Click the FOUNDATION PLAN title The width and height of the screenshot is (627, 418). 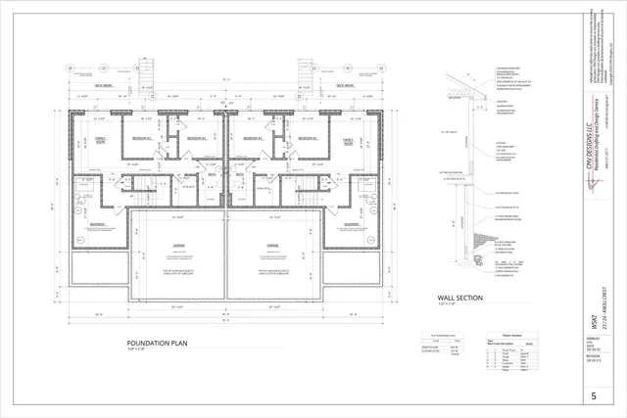click(x=152, y=344)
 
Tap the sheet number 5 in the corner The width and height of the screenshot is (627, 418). click(x=593, y=395)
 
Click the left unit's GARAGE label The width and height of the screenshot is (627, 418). click(x=178, y=244)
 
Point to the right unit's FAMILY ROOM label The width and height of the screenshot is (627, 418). click(x=348, y=142)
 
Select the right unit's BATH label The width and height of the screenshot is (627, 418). click(x=239, y=175)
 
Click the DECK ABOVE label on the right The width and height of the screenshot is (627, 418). click(x=344, y=85)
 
